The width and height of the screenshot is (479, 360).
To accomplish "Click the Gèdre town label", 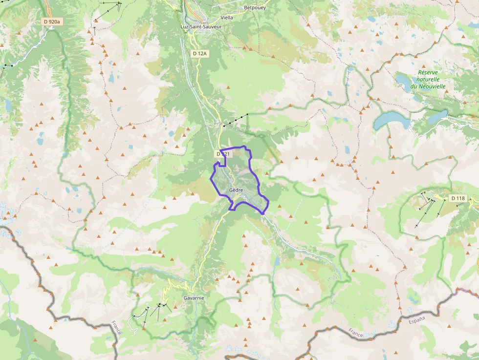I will coord(236,190).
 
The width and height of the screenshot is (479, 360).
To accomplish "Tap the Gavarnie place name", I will coord(194,297).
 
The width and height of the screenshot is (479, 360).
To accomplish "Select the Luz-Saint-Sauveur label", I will coord(201,26).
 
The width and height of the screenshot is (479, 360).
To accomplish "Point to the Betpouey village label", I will coord(255,8).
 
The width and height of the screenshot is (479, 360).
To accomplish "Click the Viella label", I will coord(227,17).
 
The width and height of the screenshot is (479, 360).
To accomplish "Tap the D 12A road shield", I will coord(200,53).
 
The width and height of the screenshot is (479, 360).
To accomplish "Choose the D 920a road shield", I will coord(51,21).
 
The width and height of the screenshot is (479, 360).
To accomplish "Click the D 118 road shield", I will coord(458,198).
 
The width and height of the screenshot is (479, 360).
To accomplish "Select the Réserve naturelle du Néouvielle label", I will coord(428,79).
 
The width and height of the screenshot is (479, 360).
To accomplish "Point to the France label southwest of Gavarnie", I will coord(116,327).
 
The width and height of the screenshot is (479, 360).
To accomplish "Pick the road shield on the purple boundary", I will coord(222,154).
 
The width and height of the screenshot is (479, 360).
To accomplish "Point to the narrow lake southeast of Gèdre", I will coord(277,261).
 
